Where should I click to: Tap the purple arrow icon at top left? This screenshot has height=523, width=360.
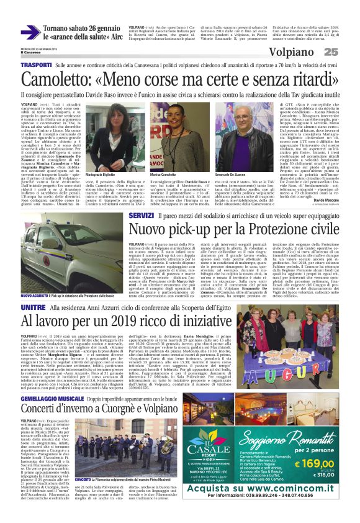[29, 33]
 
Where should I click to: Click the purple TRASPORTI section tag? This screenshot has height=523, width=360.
[35, 65]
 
